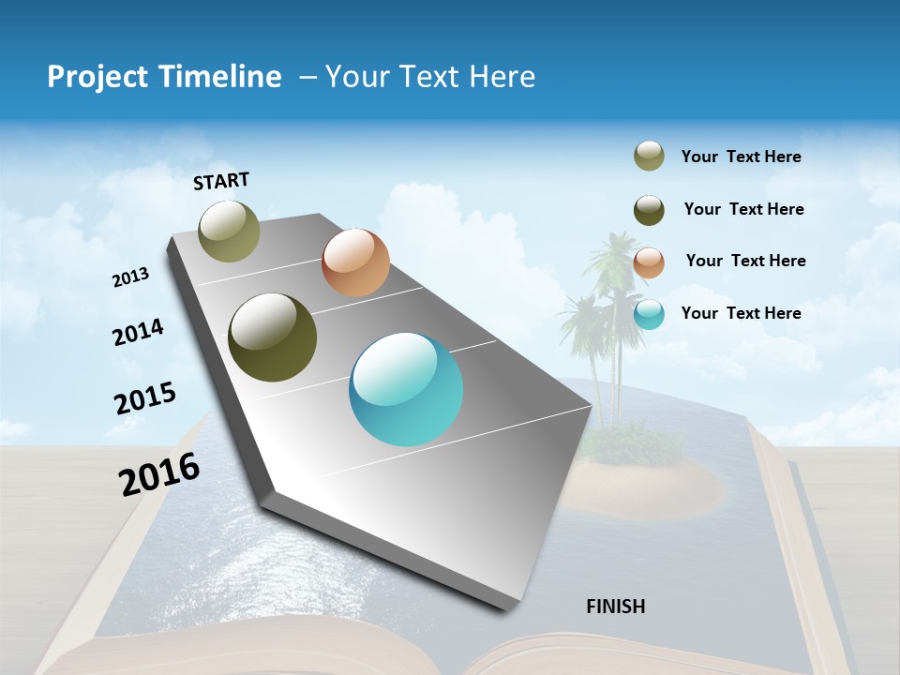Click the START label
click(221, 181)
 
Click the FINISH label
click(615, 607)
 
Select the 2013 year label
click(131, 277)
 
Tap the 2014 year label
click(138, 333)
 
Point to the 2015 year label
click(145, 398)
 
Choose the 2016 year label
click(159, 474)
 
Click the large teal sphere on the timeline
click(406, 389)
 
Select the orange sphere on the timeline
click(355, 262)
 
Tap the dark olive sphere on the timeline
click(272, 337)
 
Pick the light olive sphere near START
click(230, 231)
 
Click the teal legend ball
click(649, 314)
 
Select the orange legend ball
click(649, 262)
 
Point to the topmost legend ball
click(649, 156)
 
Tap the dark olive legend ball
click(649, 210)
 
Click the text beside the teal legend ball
click(741, 313)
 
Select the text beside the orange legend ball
click(745, 261)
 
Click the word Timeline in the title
click(217, 77)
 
